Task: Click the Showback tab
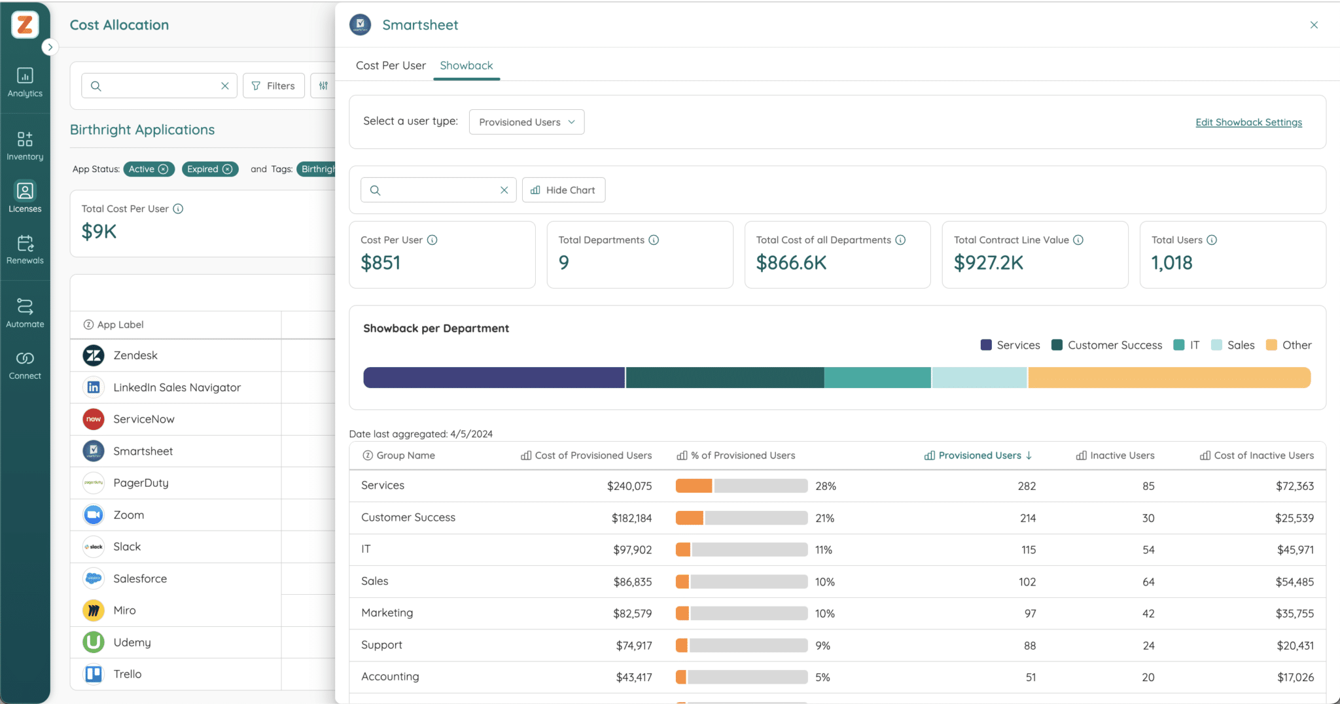466,65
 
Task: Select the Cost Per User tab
391,65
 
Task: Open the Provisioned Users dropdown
526,122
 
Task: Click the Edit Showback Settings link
1248,122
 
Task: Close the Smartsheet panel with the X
1314,25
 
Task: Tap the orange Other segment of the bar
1169,378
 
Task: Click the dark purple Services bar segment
493,378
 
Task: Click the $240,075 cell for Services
629,486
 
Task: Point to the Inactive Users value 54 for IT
1148,550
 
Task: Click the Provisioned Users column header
979,455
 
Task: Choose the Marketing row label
387,613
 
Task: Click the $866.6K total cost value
791,262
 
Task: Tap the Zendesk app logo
94,355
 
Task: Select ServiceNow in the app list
143,419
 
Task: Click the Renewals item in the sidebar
25,249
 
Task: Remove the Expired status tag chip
227,169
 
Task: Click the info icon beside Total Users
1212,240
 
